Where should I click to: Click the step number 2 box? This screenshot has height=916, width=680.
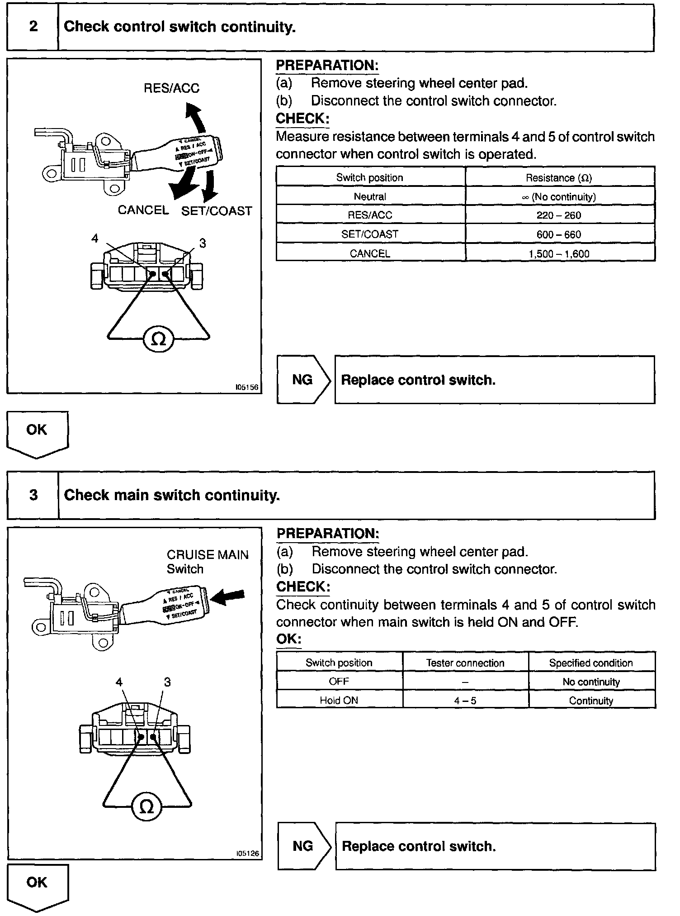33,27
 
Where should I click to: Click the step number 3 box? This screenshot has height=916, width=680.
33,495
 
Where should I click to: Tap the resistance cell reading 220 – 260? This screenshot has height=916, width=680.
559,215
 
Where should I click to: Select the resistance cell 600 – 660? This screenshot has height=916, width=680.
559,234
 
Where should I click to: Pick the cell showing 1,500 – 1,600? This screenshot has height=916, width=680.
559,253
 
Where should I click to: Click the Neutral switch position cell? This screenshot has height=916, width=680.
370,196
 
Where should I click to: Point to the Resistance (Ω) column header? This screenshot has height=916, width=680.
559,177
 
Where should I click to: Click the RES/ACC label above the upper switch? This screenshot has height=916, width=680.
171,88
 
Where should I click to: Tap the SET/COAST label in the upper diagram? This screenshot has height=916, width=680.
216,211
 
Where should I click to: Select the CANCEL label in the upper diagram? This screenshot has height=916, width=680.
143,210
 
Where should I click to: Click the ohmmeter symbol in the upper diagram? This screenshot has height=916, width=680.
158,339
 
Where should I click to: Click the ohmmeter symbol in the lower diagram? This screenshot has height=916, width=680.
146,807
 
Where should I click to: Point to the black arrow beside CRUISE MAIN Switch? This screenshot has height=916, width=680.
228,598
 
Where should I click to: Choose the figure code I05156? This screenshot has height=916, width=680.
247,387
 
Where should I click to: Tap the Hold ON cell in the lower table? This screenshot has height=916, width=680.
339,700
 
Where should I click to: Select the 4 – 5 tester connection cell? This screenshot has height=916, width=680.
465,700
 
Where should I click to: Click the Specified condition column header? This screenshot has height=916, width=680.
591,663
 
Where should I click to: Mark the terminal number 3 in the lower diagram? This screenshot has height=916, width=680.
167,682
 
